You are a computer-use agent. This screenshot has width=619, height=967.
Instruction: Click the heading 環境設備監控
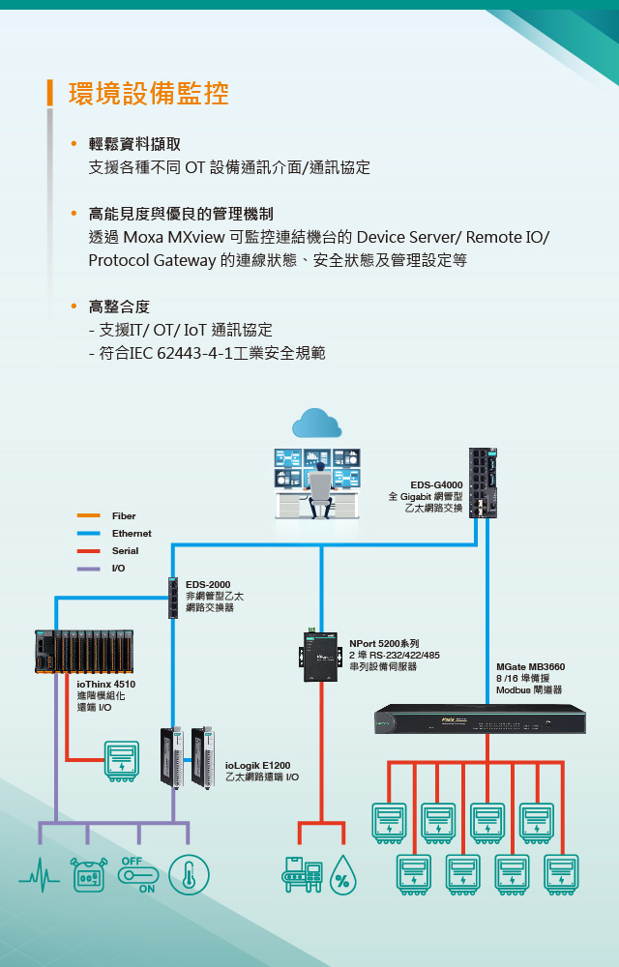coord(148,94)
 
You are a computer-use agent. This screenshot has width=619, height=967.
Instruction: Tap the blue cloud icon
coord(318,424)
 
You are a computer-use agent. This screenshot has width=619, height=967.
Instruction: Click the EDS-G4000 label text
coord(436,484)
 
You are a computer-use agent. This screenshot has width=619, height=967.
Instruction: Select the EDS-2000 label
coord(208,585)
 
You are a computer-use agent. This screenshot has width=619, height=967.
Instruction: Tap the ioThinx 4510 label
coord(106,685)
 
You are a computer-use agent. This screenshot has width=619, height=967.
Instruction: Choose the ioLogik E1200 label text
coord(257,766)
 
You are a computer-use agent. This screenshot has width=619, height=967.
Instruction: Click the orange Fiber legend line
coord(89,516)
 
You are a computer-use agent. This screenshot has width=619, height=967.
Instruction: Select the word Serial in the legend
coord(125,551)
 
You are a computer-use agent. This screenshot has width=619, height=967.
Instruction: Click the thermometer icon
coord(189,874)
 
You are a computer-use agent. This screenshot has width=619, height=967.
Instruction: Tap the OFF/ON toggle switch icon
coord(137,874)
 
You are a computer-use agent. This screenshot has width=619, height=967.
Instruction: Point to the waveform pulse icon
coord(39,876)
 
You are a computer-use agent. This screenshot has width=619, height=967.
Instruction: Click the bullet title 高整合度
coord(119,307)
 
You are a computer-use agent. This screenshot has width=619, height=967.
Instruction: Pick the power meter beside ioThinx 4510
coord(123,759)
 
